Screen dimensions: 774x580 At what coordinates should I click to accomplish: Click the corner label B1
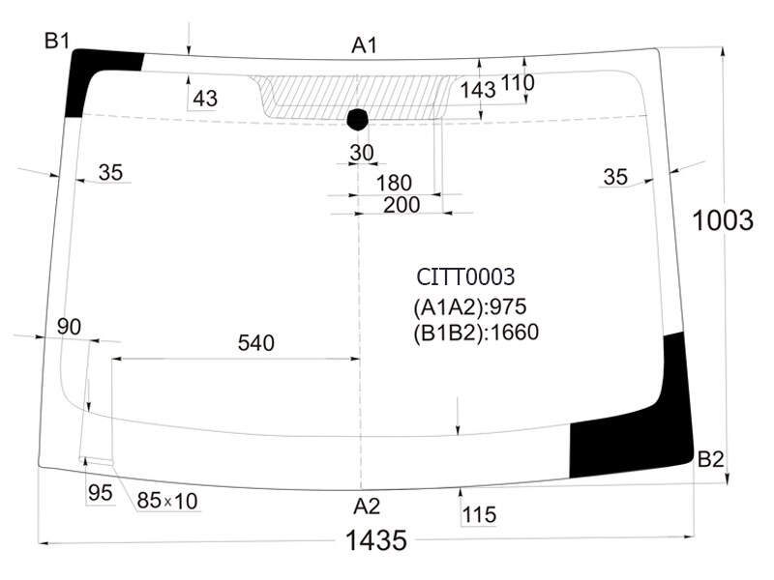coord(57,41)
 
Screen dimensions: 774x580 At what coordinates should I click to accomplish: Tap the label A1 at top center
coord(365,45)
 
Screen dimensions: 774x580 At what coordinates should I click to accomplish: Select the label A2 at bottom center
coord(367,507)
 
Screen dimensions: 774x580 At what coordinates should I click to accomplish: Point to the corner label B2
coord(711,460)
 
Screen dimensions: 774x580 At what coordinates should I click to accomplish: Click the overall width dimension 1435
coord(376,540)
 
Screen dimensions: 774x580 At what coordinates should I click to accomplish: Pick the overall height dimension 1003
coord(723,220)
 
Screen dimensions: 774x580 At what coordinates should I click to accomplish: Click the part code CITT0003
coord(465,276)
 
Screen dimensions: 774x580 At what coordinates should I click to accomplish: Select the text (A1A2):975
coord(470,306)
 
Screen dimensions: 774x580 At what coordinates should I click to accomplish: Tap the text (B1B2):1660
coord(476,333)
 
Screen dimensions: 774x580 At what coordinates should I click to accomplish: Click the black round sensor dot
coord(358,119)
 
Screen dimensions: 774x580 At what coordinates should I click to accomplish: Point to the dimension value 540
coord(256,343)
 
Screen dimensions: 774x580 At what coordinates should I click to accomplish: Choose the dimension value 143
coord(478,90)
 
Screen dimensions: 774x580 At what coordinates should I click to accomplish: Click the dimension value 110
coord(518,83)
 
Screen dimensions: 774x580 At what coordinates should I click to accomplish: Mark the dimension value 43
coord(205,99)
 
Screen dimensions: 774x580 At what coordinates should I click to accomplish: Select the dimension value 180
coord(394,183)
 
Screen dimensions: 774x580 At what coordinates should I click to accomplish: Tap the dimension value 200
coord(402,205)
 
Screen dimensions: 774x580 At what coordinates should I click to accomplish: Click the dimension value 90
coord(69,327)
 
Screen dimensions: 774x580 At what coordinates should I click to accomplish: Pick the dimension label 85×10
coord(167,501)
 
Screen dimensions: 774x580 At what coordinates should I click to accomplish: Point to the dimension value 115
coord(479,515)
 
